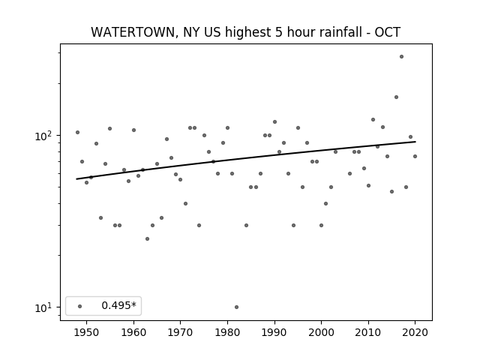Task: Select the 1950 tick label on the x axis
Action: pyautogui.click(x=87, y=332)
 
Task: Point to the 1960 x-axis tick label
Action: pyautogui.click(x=133, y=332)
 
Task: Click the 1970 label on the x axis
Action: pyautogui.click(x=181, y=332)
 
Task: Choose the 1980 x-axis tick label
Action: pyautogui.click(x=227, y=332)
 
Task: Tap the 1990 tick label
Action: pyautogui.click(x=274, y=332)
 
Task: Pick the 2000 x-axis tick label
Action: pyautogui.click(x=322, y=332)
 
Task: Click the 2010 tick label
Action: pyautogui.click(x=368, y=332)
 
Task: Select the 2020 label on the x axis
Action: pyautogui.click(x=415, y=332)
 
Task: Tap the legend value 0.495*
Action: pyautogui.click(x=118, y=305)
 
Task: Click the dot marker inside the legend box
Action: pyautogui.click(x=80, y=306)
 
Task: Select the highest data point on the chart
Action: pyautogui.click(x=401, y=57)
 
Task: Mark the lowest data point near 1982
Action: pyautogui.click(x=236, y=307)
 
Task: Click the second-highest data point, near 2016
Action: pyautogui.click(x=396, y=97)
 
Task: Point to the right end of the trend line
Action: pyautogui.click(x=415, y=142)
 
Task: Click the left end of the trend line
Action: pyautogui.click(x=76, y=179)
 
